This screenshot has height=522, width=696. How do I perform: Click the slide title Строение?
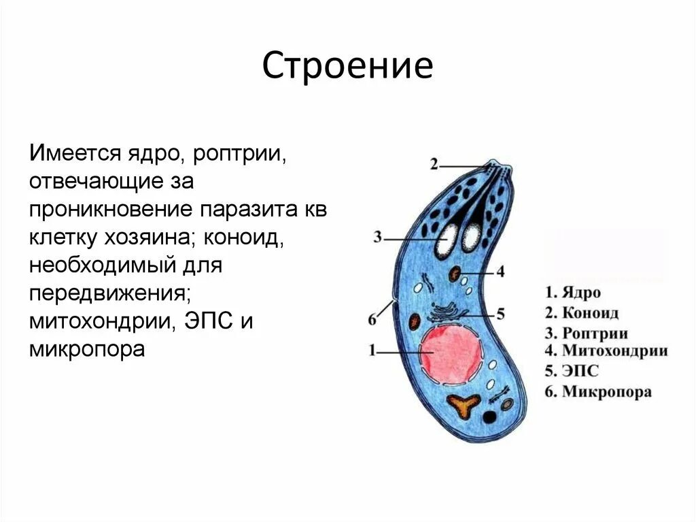click(347, 67)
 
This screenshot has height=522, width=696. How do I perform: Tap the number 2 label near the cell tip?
click(434, 164)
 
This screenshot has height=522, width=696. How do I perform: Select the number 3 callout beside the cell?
click(379, 238)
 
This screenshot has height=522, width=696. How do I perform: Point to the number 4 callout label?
click(500, 272)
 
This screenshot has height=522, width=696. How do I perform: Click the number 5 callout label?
click(501, 314)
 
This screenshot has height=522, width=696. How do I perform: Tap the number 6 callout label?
click(372, 319)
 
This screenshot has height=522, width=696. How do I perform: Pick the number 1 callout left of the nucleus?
click(372, 351)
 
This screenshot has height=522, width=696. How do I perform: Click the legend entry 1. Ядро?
click(573, 293)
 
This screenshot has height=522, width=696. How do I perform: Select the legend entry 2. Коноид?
click(581, 313)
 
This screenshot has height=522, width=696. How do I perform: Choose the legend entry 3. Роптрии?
click(586, 333)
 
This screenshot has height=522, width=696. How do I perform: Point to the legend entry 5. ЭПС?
click(572, 372)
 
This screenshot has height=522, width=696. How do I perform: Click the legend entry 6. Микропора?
click(598, 392)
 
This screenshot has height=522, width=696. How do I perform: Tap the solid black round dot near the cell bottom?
click(489, 417)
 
